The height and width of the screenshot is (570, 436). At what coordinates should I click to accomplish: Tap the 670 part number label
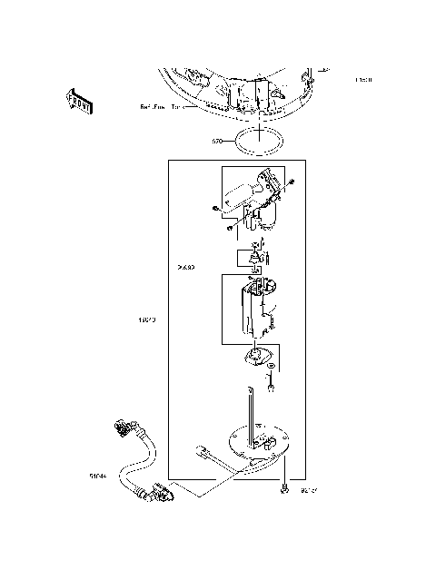pos(217,142)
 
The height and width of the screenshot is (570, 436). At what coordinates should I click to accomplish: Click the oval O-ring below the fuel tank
pos(261,141)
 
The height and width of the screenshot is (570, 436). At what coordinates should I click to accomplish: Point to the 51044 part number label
pos(98,474)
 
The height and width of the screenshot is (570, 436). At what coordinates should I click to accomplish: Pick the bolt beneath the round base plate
pos(285,489)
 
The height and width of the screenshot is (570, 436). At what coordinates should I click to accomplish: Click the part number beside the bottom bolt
pos(309,491)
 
